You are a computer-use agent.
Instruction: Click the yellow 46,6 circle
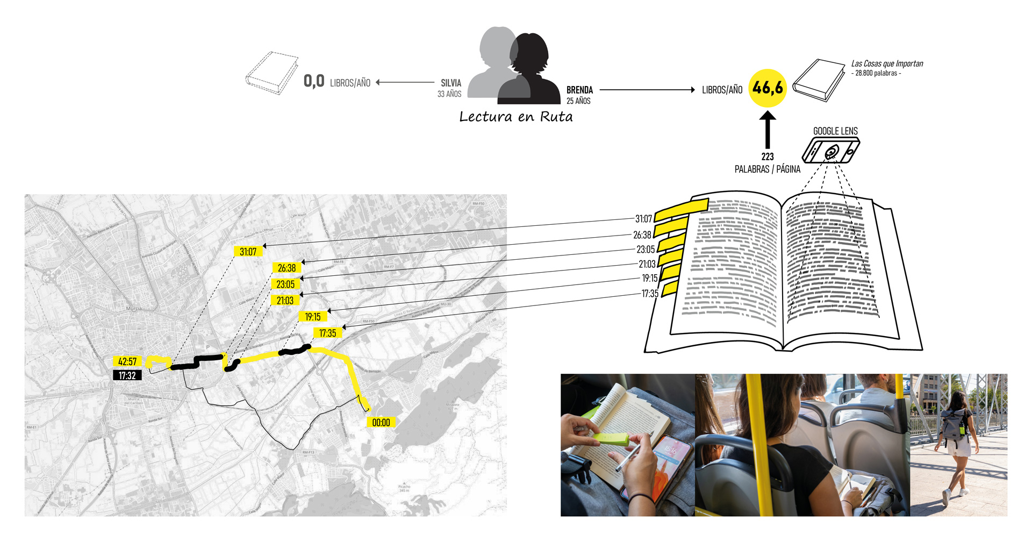(x=768, y=88)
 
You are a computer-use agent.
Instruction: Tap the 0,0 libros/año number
(x=314, y=81)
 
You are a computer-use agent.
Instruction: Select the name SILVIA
(x=451, y=83)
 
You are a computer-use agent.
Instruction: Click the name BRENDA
(x=579, y=90)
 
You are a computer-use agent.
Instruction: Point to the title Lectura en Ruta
(x=515, y=117)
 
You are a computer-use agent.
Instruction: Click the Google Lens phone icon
(x=830, y=151)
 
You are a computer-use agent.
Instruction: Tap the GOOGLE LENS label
(x=835, y=131)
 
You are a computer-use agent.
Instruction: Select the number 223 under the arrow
(x=768, y=156)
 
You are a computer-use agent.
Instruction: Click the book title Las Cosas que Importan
(x=887, y=63)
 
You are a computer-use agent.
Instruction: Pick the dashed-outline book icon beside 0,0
(x=271, y=73)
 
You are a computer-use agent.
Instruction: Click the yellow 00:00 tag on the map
(x=381, y=423)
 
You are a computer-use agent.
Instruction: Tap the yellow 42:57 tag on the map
(x=127, y=361)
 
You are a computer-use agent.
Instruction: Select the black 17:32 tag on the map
(x=127, y=375)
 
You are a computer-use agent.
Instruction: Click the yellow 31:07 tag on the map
(x=248, y=252)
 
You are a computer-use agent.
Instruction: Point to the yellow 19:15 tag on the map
(x=313, y=317)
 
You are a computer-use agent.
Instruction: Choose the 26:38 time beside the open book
(x=642, y=235)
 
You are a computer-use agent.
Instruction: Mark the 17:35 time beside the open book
(x=650, y=294)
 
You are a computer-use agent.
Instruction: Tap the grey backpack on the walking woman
(x=953, y=423)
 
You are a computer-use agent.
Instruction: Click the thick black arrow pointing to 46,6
(x=768, y=130)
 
